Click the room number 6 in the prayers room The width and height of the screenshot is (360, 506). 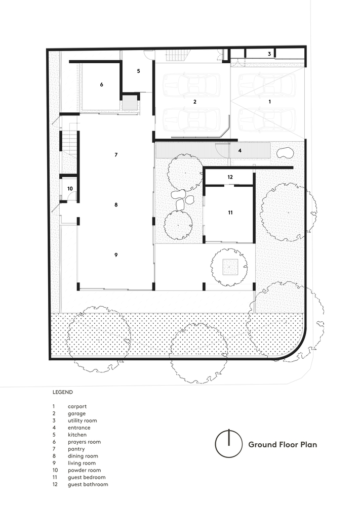(x=101, y=85)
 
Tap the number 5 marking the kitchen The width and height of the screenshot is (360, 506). (x=139, y=71)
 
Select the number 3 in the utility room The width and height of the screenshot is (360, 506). (x=269, y=54)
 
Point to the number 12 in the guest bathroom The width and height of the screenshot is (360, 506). (x=230, y=177)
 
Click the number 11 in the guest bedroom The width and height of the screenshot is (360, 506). (x=230, y=213)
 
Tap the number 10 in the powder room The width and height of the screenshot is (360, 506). (x=70, y=188)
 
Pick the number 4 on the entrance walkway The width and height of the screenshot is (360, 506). (x=240, y=150)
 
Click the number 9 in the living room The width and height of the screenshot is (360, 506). (x=116, y=255)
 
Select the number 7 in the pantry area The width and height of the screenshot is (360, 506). (x=116, y=155)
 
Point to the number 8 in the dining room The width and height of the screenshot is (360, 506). (x=116, y=204)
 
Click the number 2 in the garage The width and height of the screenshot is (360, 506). (x=195, y=102)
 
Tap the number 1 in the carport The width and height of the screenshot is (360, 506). (x=269, y=102)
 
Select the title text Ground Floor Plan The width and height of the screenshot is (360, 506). (x=283, y=444)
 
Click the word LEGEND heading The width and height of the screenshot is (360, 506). (x=63, y=392)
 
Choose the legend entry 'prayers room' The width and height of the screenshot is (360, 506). (x=84, y=442)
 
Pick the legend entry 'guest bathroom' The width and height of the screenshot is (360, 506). (x=88, y=484)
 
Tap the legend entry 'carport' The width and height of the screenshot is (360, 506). (x=77, y=406)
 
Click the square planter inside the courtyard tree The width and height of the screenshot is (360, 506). (x=229, y=267)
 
